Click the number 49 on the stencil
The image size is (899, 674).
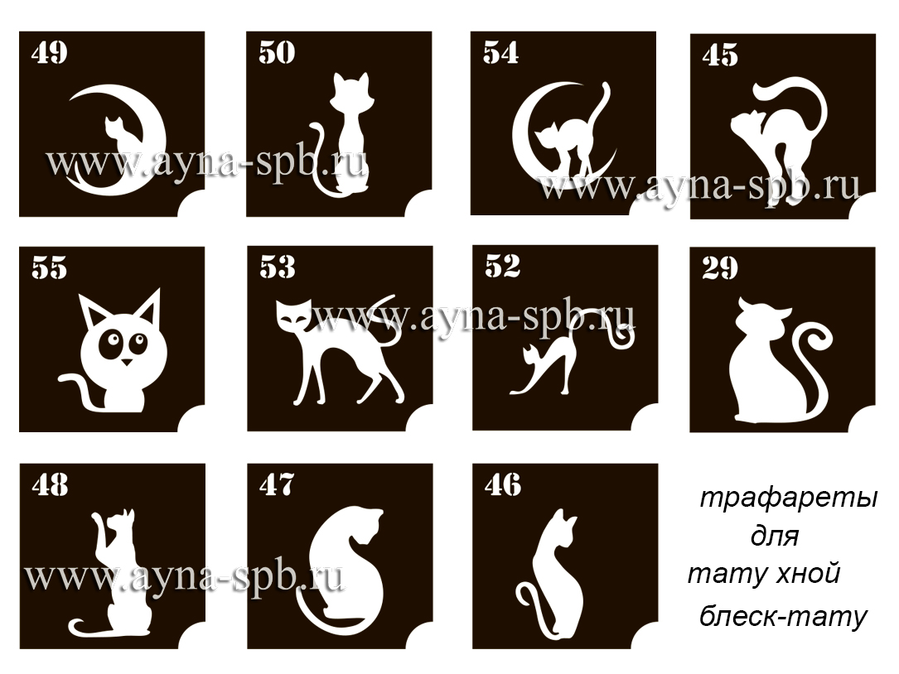click(50, 53)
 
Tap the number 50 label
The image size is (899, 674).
click(277, 52)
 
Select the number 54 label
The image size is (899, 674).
click(501, 52)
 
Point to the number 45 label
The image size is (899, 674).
click(720, 55)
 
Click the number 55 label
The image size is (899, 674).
click(50, 268)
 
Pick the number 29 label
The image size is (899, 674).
click(720, 268)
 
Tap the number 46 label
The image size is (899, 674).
click(503, 485)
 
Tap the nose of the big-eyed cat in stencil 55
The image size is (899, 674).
click(126, 362)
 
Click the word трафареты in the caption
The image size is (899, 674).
click(789, 498)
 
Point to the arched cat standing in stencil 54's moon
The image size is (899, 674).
click(568, 137)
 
